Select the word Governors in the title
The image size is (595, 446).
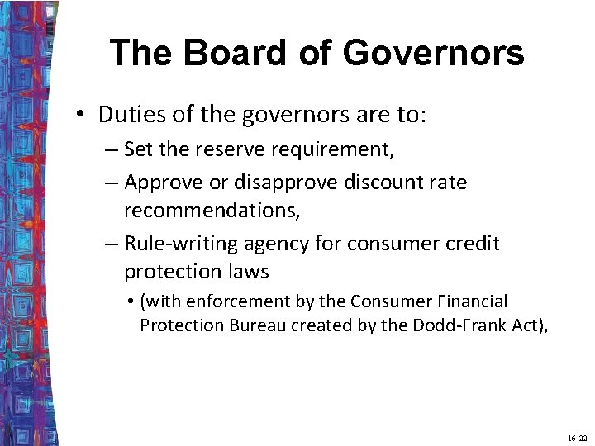pos(433,53)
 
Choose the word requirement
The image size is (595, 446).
pos(343,149)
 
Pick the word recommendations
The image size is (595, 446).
pos(212,210)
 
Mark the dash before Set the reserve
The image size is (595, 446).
pos(112,149)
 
